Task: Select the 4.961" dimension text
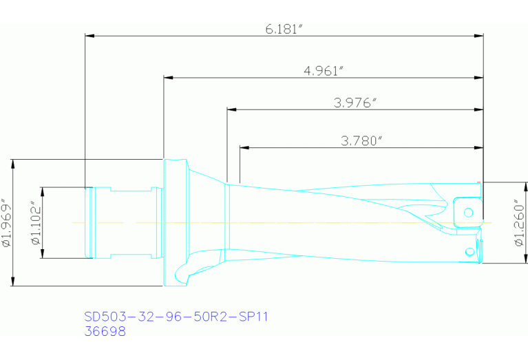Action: pyautogui.click(x=324, y=71)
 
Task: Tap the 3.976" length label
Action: pyautogui.click(x=354, y=103)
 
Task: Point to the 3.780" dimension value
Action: pyautogui.click(x=361, y=141)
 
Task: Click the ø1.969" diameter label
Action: pyautogui.click(x=7, y=223)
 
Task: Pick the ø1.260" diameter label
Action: pyautogui.click(x=520, y=222)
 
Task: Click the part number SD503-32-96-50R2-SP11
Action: pyautogui.click(x=176, y=317)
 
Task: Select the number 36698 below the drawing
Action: pyautogui.click(x=105, y=331)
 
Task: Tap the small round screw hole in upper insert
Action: pyautogui.click(x=469, y=210)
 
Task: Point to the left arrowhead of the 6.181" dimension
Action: pyautogui.click(x=89, y=36)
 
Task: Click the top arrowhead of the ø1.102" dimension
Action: pyautogui.click(x=41, y=191)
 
